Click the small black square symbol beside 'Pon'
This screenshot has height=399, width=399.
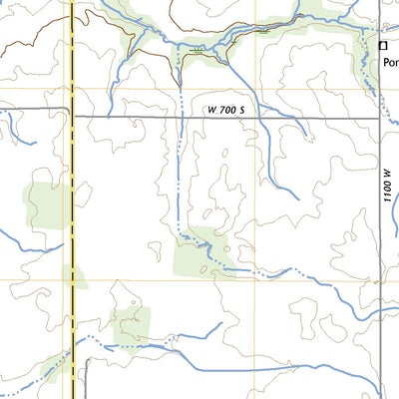click(382, 44)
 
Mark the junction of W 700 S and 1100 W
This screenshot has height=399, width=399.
click(382, 118)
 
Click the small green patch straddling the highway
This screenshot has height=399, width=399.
click(73, 276)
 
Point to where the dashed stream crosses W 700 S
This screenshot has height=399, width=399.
click(182, 118)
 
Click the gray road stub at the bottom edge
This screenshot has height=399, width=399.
click(88, 384)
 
